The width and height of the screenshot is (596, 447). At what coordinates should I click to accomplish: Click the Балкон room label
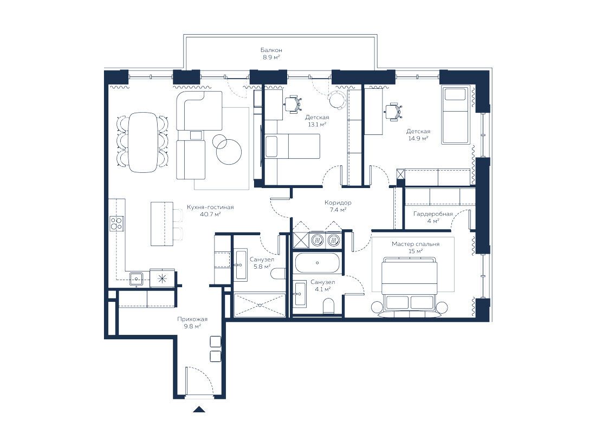[271, 50]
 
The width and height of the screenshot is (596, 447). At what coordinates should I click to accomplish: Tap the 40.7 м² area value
[210, 214]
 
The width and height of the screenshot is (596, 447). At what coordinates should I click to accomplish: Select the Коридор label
[338, 203]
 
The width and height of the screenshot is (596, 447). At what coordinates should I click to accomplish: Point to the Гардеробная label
[433, 214]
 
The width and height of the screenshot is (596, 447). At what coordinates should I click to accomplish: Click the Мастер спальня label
[416, 244]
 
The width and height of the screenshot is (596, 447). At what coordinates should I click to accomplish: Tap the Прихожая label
[192, 319]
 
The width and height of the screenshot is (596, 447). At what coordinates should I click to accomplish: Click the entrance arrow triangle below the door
[199, 410]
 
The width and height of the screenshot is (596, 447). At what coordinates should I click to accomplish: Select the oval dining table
[142, 142]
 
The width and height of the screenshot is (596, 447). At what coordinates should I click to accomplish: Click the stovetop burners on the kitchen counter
[116, 223]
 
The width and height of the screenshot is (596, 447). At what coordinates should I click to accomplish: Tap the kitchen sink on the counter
[136, 278]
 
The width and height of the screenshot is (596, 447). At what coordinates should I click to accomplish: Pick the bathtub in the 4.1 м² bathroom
[317, 263]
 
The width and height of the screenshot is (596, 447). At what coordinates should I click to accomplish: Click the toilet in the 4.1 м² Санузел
[328, 306]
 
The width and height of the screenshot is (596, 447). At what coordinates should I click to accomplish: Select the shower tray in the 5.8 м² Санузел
[259, 305]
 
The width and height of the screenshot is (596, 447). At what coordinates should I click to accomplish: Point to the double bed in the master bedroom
[410, 283]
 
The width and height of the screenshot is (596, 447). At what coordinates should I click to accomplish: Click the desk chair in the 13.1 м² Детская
[293, 103]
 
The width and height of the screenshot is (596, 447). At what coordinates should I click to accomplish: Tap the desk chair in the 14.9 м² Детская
[393, 112]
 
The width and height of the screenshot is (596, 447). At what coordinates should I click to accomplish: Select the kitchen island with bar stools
[166, 224]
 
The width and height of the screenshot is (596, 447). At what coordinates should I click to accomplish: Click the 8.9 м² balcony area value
[271, 57]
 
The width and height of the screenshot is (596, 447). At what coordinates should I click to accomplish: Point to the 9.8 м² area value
[192, 326]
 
